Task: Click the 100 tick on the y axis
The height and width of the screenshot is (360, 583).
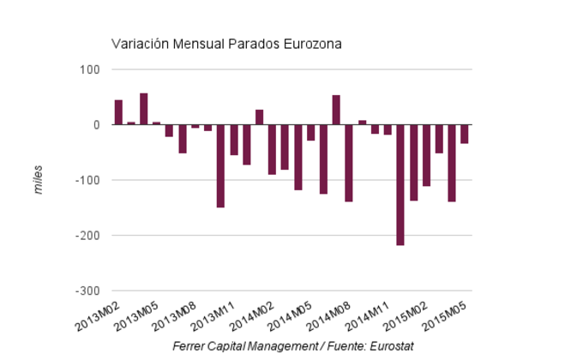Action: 90,69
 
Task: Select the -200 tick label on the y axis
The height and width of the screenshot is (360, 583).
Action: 87,236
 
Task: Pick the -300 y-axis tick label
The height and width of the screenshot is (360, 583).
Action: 87,291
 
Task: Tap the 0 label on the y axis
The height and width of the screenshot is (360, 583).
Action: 96,125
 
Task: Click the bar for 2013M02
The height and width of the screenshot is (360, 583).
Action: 118,112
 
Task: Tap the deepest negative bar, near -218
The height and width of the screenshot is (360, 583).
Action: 400,185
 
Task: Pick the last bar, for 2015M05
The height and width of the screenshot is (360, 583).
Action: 465,134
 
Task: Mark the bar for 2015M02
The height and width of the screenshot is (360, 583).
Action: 426,155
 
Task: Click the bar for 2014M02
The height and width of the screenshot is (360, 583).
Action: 272,149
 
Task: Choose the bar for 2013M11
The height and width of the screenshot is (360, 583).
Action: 233,141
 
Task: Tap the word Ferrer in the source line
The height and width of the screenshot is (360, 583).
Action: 189,346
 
